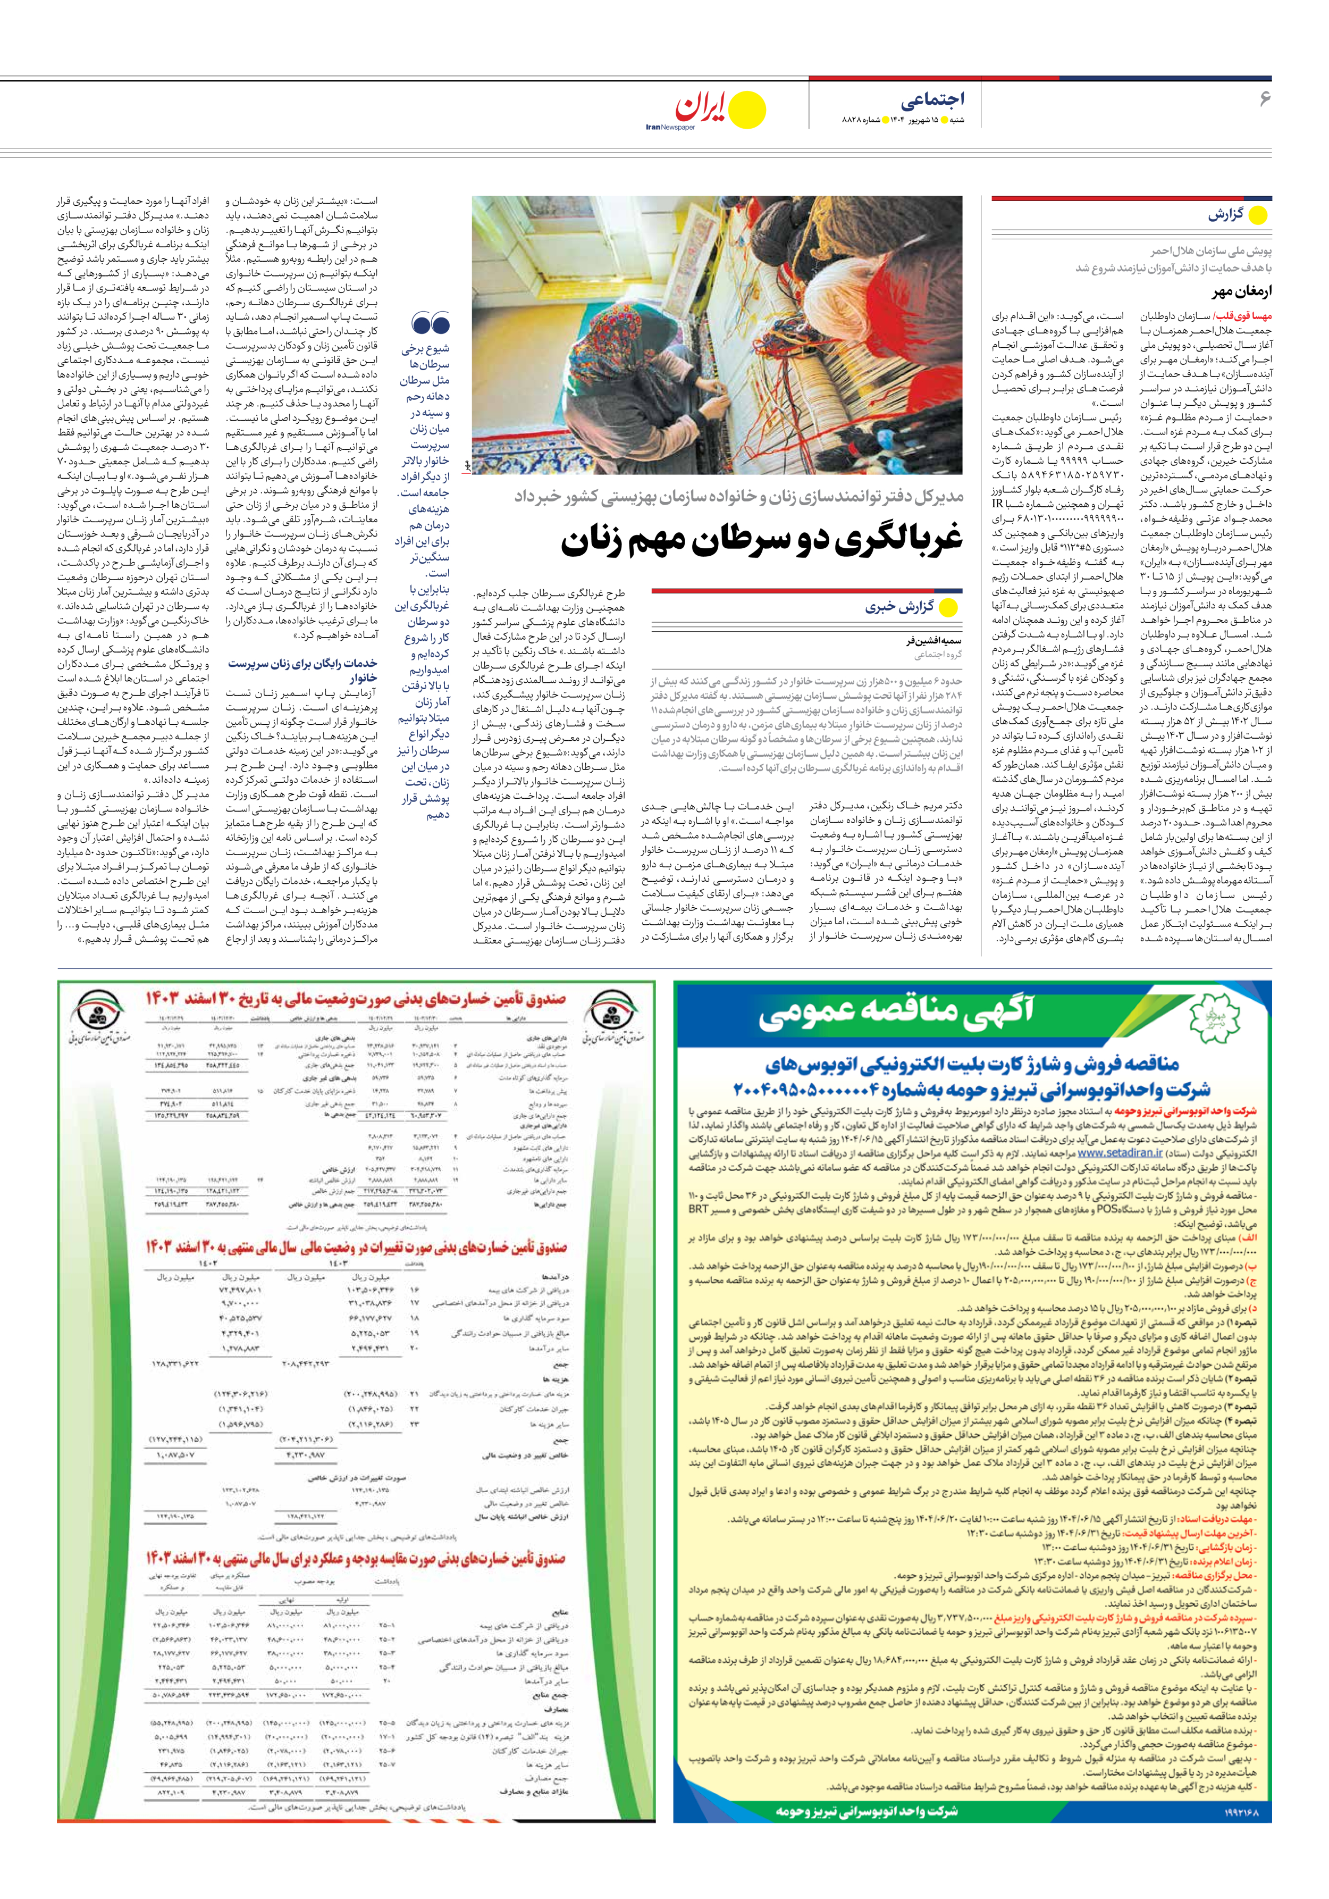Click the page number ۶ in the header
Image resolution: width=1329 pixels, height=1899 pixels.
1264,98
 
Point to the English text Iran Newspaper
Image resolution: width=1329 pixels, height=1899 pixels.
671,128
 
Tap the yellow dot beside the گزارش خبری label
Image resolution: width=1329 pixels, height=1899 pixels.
948,608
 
